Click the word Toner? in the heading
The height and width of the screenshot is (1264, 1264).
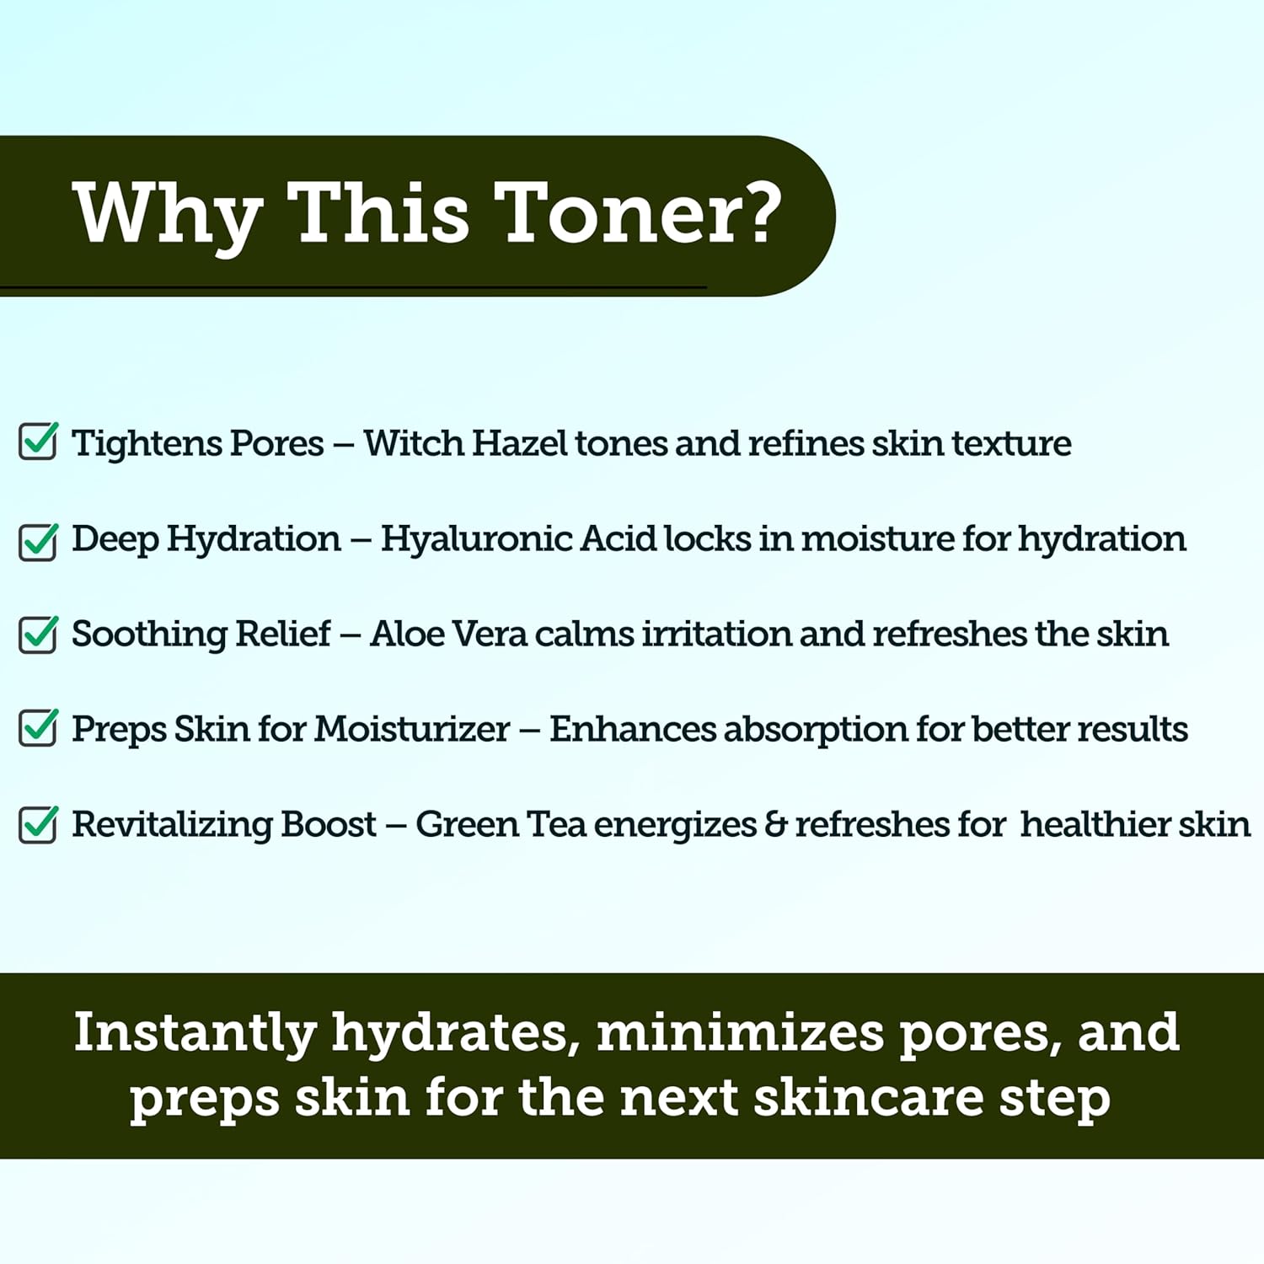(x=638, y=213)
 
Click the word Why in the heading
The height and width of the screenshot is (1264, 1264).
(x=167, y=215)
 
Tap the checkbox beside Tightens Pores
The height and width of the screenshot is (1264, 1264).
(x=38, y=442)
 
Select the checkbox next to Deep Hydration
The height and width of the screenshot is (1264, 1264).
(x=38, y=542)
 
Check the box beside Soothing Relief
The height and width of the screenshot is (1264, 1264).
(x=38, y=635)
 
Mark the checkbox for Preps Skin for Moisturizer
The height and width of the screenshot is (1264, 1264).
(x=38, y=728)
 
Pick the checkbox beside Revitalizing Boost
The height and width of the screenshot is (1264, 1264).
(x=38, y=824)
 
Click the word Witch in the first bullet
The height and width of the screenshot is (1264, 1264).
(x=413, y=443)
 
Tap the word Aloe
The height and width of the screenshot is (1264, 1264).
(x=405, y=634)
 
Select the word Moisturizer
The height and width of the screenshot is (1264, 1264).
(x=412, y=729)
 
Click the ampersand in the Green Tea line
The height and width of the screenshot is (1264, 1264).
(x=775, y=824)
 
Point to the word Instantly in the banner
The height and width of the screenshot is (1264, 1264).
(x=195, y=1033)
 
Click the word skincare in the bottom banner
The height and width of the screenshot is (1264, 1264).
(x=869, y=1098)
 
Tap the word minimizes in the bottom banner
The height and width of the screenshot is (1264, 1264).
(x=740, y=1033)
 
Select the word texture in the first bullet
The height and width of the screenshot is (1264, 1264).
(x=1011, y=443)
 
